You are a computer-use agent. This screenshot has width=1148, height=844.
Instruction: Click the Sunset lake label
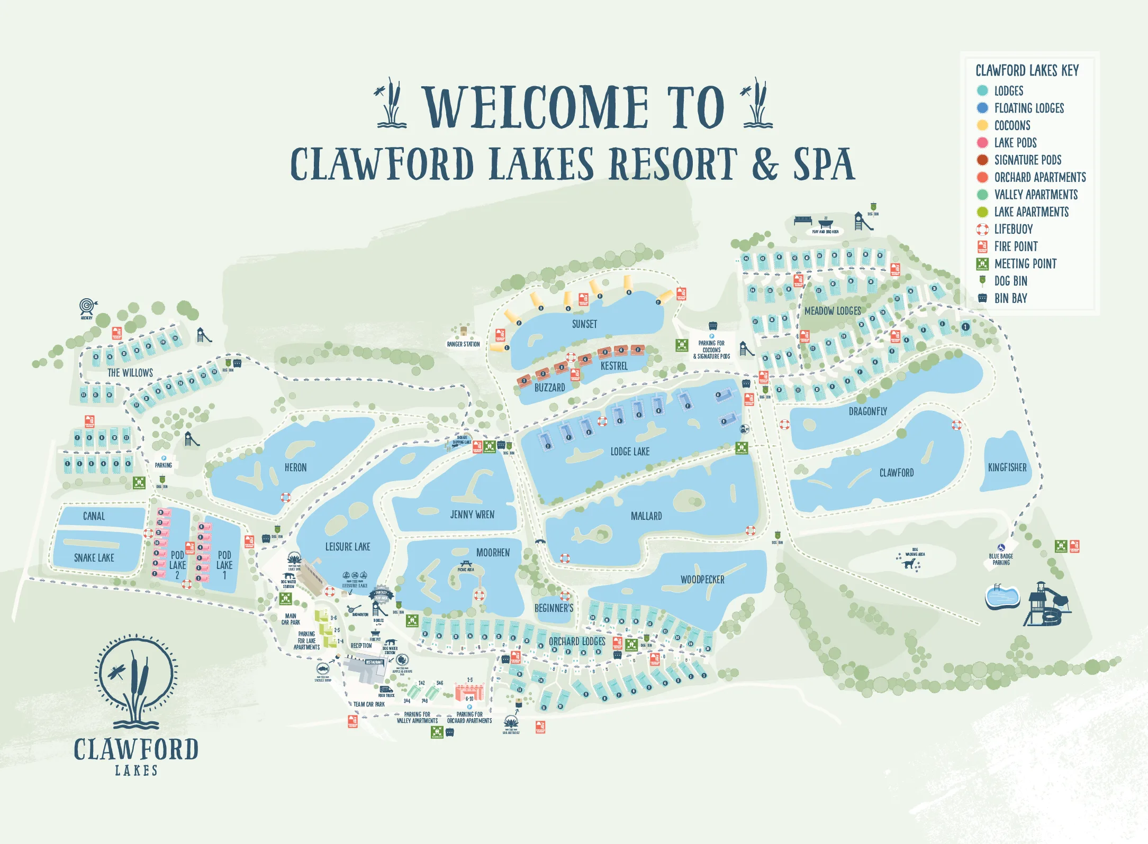584,324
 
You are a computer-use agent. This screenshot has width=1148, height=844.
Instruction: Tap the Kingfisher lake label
1007,467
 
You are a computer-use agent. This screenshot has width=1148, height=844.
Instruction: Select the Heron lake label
295,467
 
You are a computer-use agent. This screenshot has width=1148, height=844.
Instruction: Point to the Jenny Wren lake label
472,515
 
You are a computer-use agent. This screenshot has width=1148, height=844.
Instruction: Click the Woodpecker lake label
702,580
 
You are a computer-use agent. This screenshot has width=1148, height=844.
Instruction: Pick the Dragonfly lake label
867,411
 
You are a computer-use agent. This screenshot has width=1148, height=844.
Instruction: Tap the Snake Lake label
94,558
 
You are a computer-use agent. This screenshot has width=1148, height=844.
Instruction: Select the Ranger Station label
463,344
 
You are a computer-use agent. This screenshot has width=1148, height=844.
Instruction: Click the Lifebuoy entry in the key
1013,229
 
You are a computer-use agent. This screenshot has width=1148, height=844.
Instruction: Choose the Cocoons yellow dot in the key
982,125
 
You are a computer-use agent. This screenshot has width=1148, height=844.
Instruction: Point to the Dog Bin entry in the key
1010,281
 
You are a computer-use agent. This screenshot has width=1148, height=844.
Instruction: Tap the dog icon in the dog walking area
909,564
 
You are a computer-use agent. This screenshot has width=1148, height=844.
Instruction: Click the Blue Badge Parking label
1000,559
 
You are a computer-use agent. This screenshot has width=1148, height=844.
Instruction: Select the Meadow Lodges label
833,311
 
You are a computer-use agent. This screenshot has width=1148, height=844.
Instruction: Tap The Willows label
130,373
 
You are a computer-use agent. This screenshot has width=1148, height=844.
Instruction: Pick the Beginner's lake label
554,608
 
